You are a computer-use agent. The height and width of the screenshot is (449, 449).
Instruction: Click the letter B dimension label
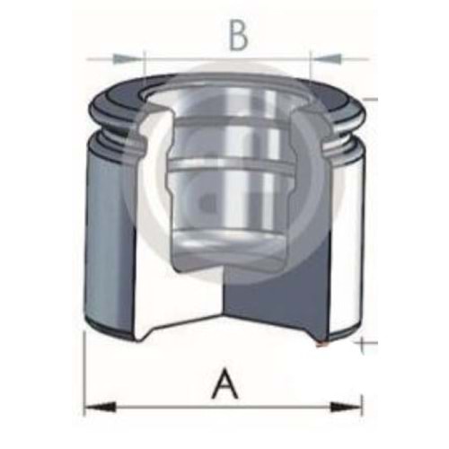239,35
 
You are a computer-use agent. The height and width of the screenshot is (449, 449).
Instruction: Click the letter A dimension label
224,383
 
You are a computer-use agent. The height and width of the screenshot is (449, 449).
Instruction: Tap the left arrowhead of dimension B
127,58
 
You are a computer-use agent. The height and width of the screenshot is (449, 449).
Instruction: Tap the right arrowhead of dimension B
326,58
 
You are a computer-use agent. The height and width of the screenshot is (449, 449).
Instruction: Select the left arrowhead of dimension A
100,408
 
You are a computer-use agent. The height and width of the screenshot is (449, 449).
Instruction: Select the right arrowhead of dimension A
346,408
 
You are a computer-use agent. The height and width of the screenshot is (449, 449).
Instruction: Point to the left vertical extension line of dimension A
84,374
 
